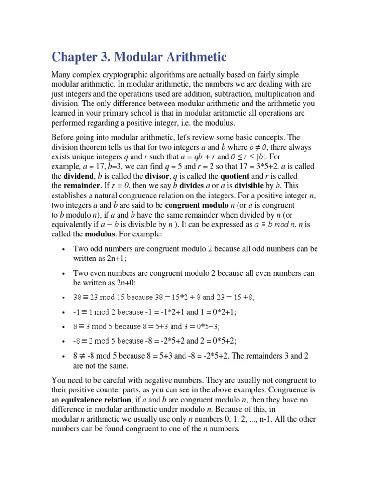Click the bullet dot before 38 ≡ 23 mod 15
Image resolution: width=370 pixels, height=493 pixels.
pyautogui.click(x=64, y=298)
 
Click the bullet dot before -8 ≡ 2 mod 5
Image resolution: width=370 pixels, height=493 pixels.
pyautogui.click(x=64, y=341)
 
